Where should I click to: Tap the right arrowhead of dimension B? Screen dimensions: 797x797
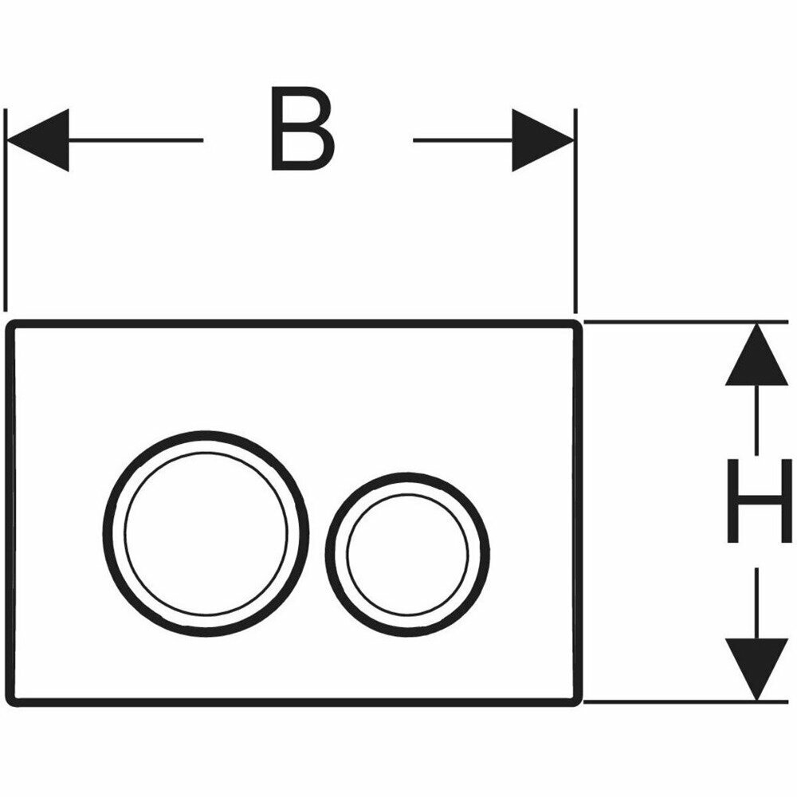[542, 140]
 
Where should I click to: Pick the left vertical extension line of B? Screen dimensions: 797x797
[6, 239]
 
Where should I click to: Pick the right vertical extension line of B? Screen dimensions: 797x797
[575, 239]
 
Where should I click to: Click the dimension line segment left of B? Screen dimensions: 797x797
[135, 140]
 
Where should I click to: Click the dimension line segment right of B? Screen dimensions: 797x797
[462, 140]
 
